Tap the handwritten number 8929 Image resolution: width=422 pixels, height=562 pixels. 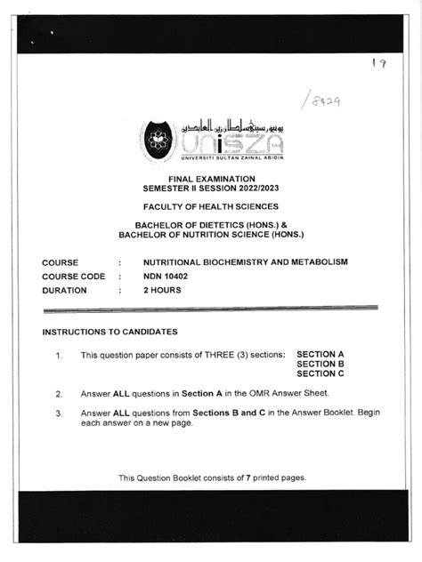321,100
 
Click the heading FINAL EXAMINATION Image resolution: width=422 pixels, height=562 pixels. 211,180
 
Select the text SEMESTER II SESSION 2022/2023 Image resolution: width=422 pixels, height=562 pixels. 211,189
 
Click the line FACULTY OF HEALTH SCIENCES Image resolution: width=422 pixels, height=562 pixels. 211,207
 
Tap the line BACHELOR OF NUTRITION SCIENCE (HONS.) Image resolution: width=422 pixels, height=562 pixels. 211,235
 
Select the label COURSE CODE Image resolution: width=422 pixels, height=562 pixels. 73,277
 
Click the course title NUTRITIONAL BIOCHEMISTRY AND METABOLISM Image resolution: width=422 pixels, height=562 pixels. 245,262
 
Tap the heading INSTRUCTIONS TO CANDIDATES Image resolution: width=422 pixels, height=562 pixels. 110,332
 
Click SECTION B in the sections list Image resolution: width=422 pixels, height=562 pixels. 320,364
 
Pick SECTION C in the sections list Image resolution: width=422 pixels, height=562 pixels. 320,373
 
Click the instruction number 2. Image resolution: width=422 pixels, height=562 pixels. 58,393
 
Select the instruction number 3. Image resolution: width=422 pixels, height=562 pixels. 58,413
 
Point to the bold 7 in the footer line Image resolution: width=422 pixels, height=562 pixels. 248,478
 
